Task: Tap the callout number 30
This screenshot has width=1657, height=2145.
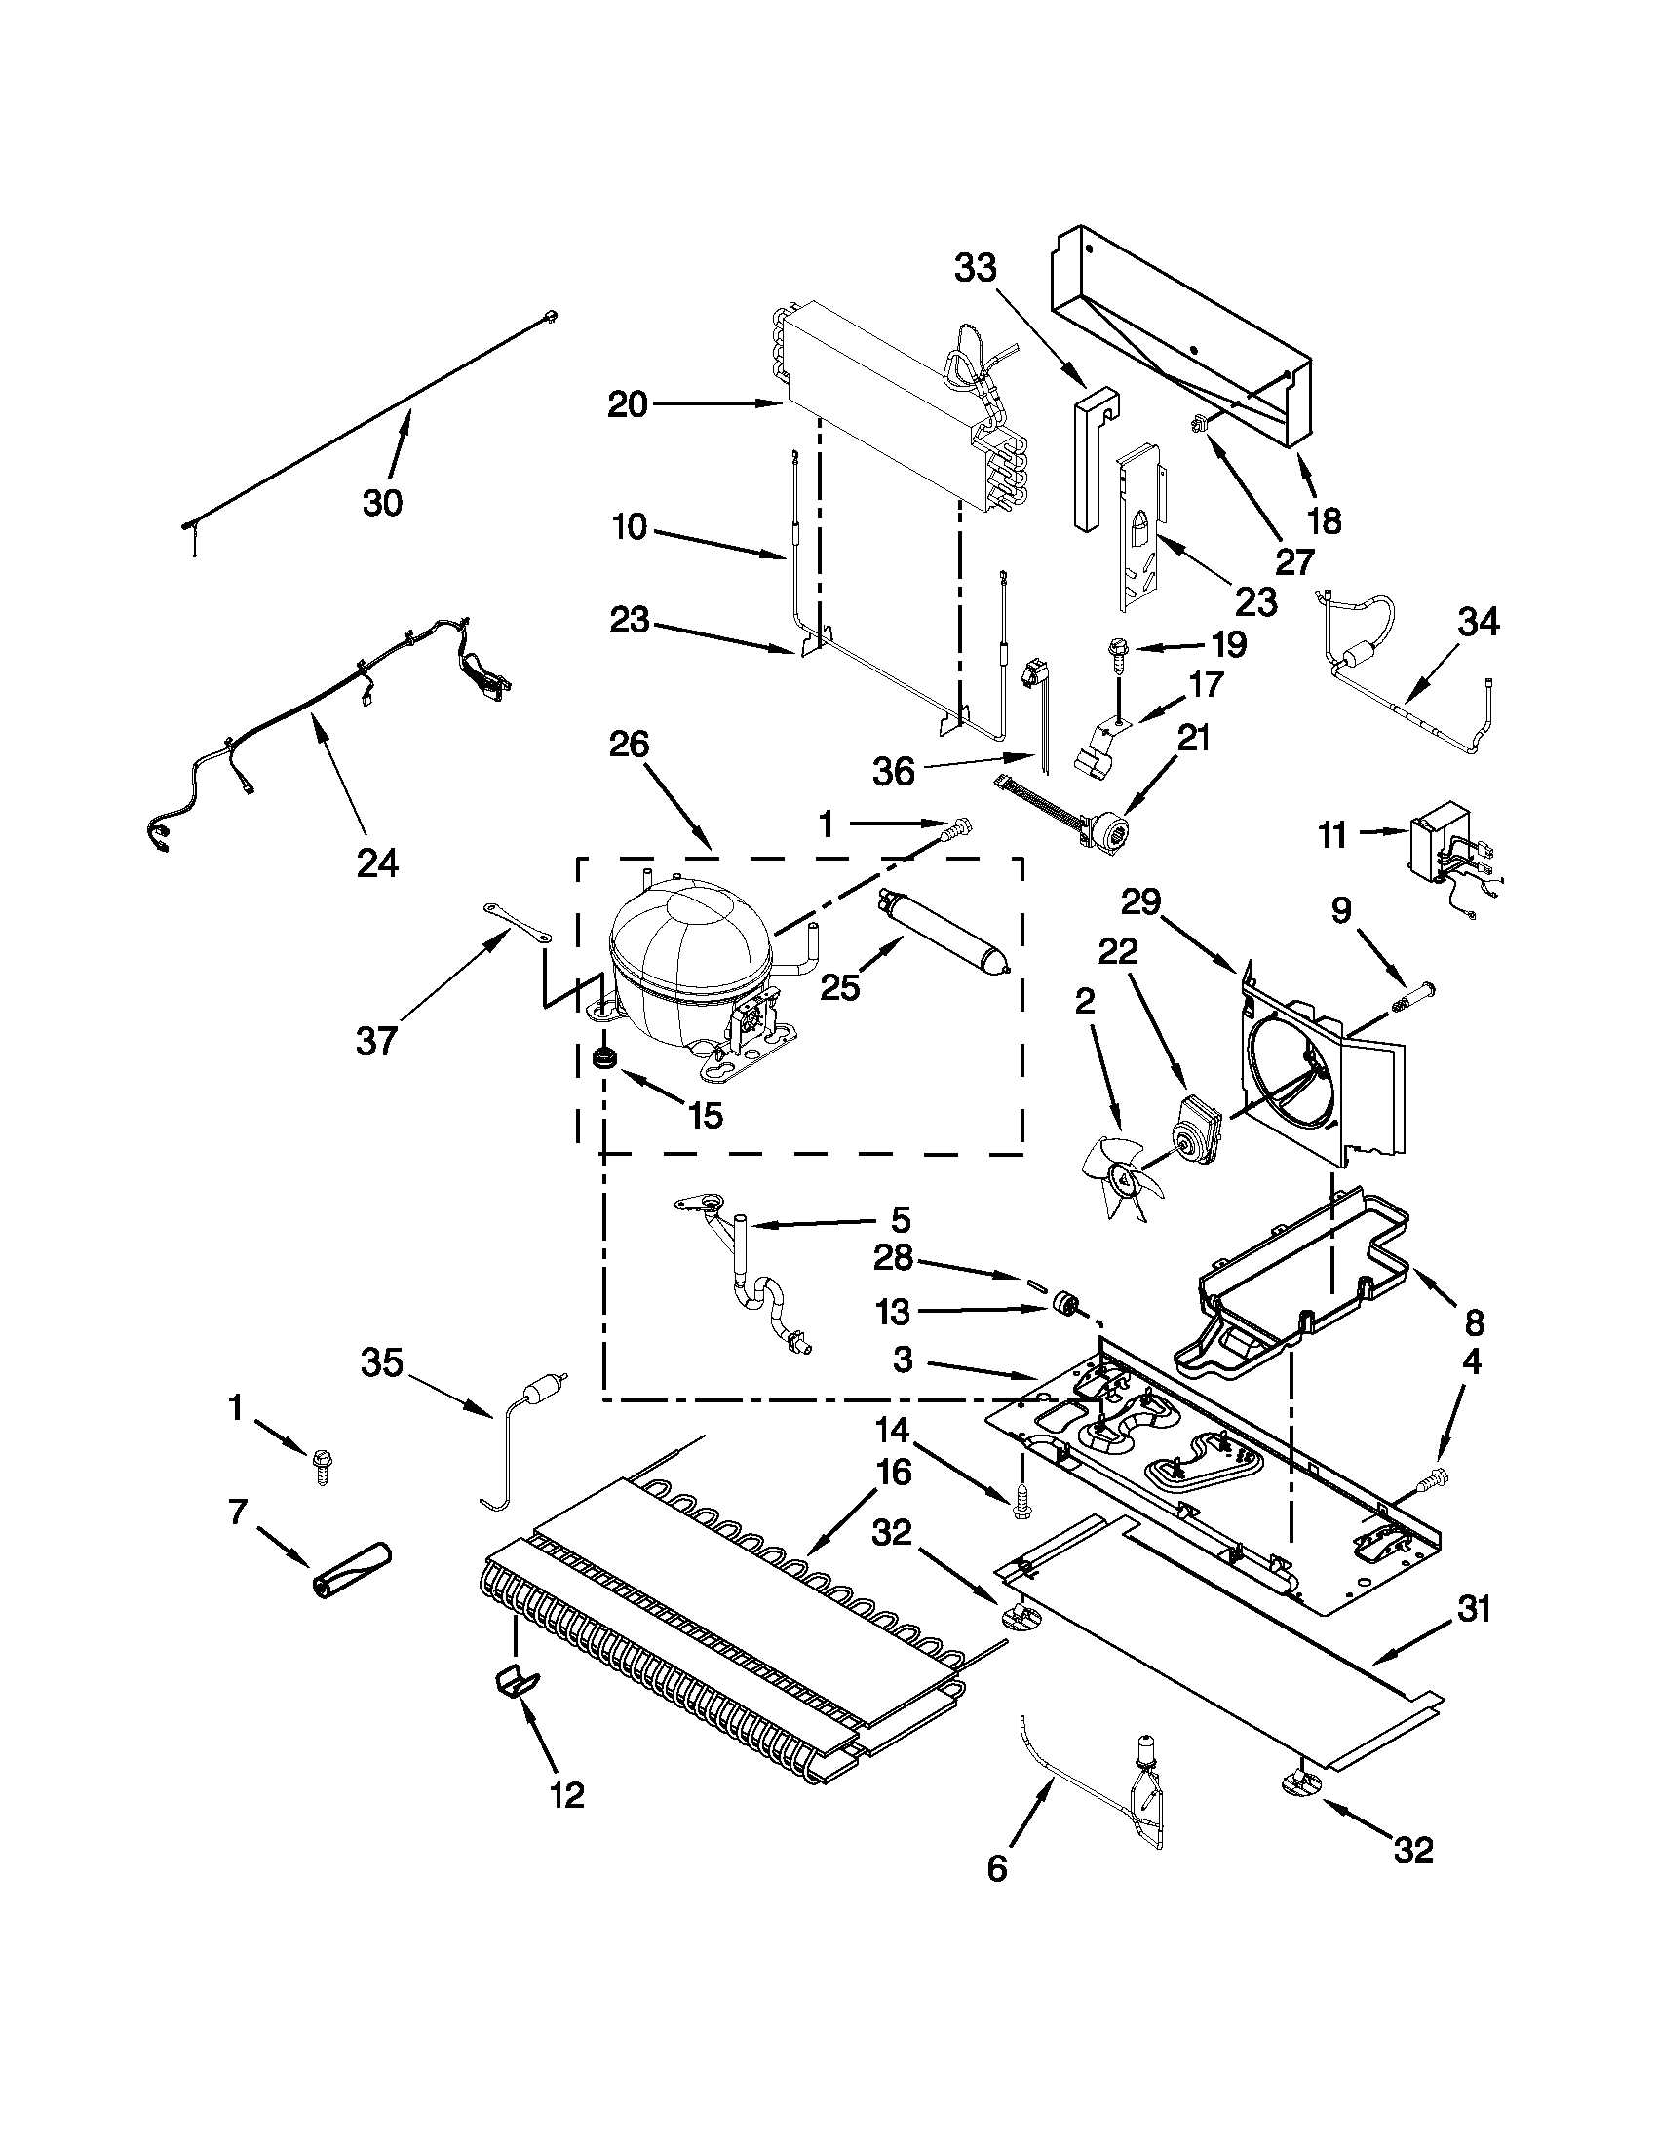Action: [x=382, y=503]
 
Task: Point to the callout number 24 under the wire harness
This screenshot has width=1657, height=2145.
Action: [x=378, y=863]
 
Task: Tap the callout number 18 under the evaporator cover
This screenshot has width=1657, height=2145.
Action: [x=1326, y=520]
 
